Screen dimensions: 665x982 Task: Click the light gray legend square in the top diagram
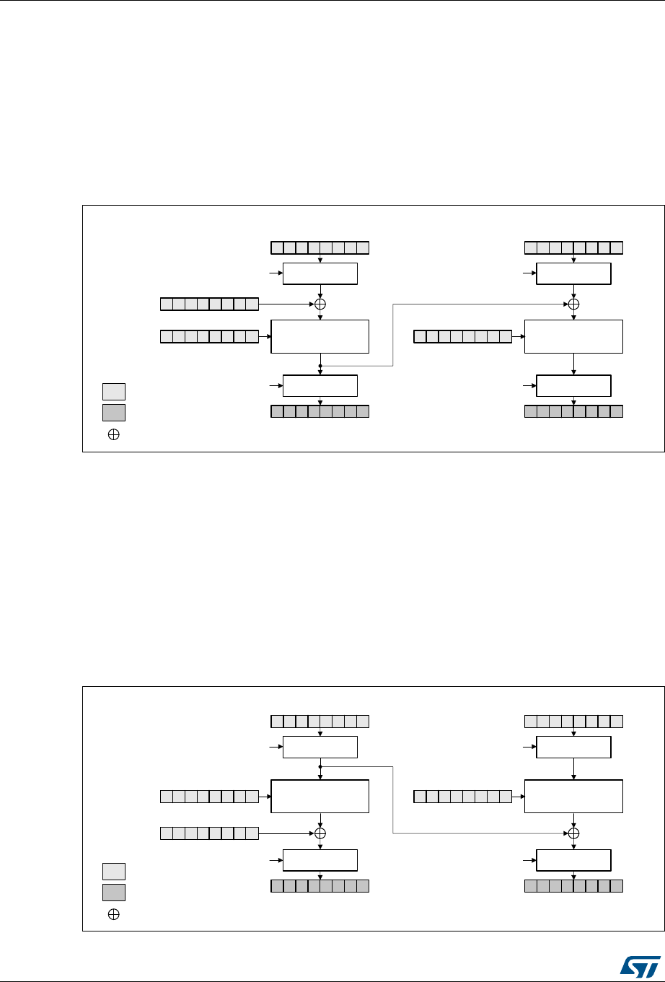pyautogui.click(x=113, y=392)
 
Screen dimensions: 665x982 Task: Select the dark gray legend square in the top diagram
pyautogui.click(x=113, y=413)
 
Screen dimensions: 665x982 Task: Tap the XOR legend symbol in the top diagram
pyautogui.click(x=113, y=435)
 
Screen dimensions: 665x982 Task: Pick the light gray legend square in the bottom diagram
pyautogui.click(x=113, y=871)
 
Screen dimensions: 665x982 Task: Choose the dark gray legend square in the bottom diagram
pyautogui.click(x=113, y=892)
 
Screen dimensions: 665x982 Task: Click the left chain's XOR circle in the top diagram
pyautogui.click(x=320, y=304)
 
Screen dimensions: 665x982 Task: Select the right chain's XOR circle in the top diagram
pyautogui.click(x=574, y=304)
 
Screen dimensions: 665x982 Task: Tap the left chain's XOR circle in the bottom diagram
pyautogui.click(x=320, y=832)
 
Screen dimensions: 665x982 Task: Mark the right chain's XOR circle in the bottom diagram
pyautogui.click(x=574, y=832)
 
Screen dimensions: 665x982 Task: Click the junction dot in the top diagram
pyautogui.click(x=320, y=366)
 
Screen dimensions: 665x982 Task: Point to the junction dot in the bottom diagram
pyautogui.click(x=320, y=766)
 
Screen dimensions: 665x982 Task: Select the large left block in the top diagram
pyautogui.click(x=320, y=336)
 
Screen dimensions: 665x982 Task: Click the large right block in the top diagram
pyautogui.click(x=573, y=336)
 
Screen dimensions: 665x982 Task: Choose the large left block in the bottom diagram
pyautogui.click(x=320, y=797)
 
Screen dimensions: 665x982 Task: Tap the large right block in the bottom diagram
pyautogui.click(x=573, y=797)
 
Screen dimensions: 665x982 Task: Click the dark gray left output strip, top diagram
pyautogui.click(x=320, y=412)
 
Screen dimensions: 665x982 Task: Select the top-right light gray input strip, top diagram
pyautogui.click(x=573, y=248)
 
